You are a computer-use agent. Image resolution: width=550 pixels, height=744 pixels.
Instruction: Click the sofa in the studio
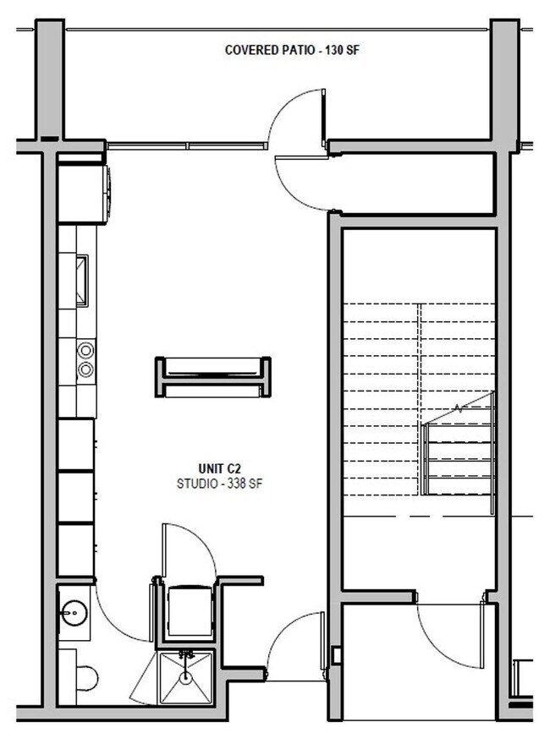[x=212, y=377]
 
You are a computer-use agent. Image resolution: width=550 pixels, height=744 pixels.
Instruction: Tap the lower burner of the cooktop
[x=85, y=369]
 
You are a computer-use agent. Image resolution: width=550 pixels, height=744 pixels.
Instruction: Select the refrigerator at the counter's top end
[x=82, y=193]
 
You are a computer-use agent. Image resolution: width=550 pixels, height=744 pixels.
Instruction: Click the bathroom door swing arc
[x=118, y=617]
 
